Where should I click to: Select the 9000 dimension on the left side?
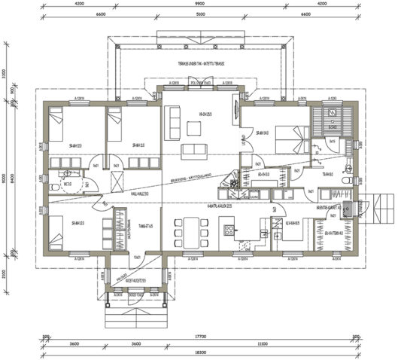(x=5, y=178)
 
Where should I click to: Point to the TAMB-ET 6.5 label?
(x=145, y=224)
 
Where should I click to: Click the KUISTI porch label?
(x=135, y=281)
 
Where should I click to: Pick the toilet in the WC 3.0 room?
(x=57, y=181)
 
